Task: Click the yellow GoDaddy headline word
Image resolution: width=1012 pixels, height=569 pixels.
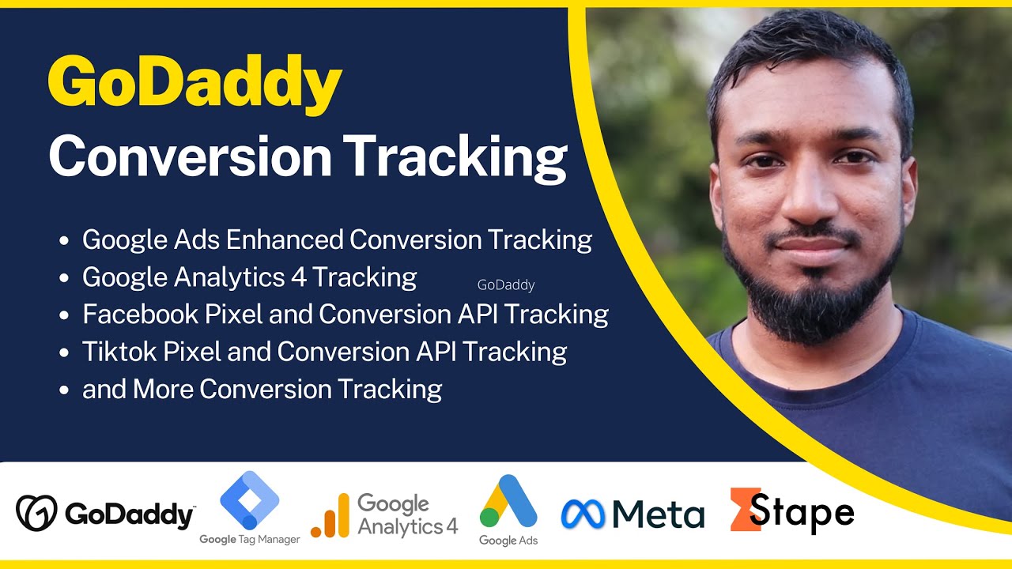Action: pyautogui.click(x=194, y=85)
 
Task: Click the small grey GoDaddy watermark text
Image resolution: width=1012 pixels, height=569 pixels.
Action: pyautogui.click(x=506, y=285)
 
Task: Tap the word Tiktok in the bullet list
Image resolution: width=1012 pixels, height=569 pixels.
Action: pyautogui.click(x=119, y=351)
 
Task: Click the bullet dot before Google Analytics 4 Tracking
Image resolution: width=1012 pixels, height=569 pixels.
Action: pyautogui.click(x=64, y=278)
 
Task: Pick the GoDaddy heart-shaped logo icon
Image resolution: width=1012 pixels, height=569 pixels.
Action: pyautogui.click(x=36, y=513)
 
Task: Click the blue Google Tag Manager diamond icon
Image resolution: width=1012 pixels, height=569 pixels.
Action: pyautogui.click(x=250, y=501)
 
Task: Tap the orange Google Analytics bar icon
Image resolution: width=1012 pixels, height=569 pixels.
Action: pyautogui.click(x=330, y=516)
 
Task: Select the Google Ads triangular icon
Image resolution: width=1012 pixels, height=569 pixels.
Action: pyautogui.click(x=508, y=501)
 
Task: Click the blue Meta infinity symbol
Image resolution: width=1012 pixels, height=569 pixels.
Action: pyautogui.click(x=583, y=514)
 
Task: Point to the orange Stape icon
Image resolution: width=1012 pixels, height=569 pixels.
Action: pyautogui.click(x=744, y=509)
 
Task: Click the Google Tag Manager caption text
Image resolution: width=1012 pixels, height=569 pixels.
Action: pyautogui.click(x=250, y=540)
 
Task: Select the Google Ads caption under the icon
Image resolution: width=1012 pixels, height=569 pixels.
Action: pyautogui.click(x=508, y=541)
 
